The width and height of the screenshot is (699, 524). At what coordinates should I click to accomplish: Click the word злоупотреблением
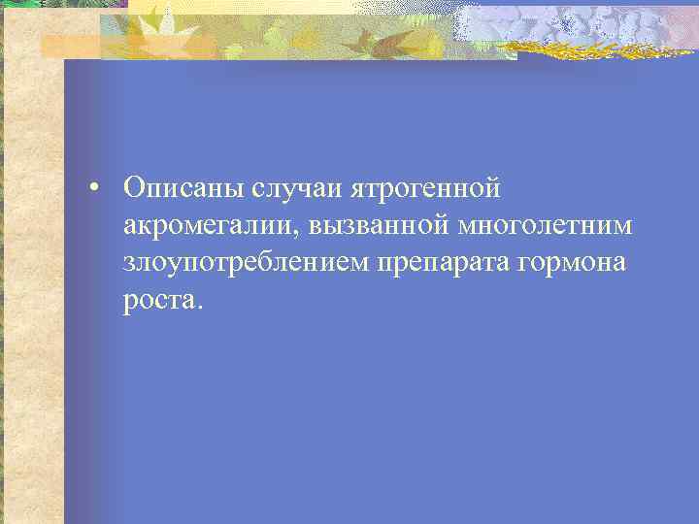click(244, 263)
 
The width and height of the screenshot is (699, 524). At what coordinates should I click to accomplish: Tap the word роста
click(159, 302)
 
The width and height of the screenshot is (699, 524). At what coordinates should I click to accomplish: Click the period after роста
click(201, 308)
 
